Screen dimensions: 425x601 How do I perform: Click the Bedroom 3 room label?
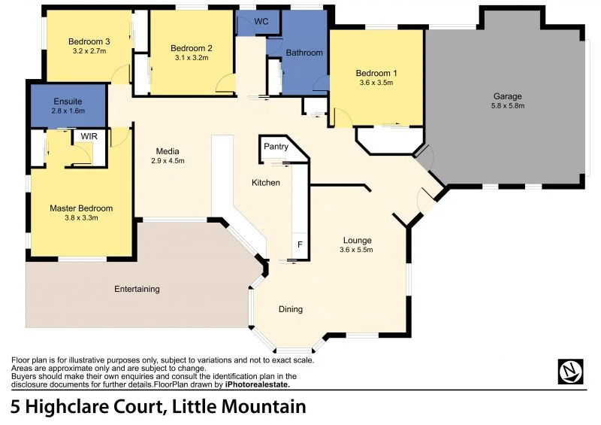89,41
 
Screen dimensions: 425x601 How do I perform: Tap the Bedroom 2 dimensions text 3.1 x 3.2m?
192,57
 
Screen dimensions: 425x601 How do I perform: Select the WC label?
261,21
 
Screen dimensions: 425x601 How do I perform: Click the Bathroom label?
304,53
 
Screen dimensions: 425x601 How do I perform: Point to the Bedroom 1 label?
376,73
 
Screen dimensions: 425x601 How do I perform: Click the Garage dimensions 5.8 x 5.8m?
507,106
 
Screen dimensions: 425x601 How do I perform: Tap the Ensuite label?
68,101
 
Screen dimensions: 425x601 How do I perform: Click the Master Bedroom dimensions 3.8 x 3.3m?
81,218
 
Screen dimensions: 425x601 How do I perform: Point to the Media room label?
168,150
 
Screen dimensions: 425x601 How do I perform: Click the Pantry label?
276,147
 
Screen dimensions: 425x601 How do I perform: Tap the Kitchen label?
265,183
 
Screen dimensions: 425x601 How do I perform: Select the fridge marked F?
300,245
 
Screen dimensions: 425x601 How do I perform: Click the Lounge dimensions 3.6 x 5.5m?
356,250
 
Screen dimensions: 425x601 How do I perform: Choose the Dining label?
291,309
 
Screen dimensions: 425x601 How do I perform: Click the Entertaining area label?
137,289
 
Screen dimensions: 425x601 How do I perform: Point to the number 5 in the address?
16,408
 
